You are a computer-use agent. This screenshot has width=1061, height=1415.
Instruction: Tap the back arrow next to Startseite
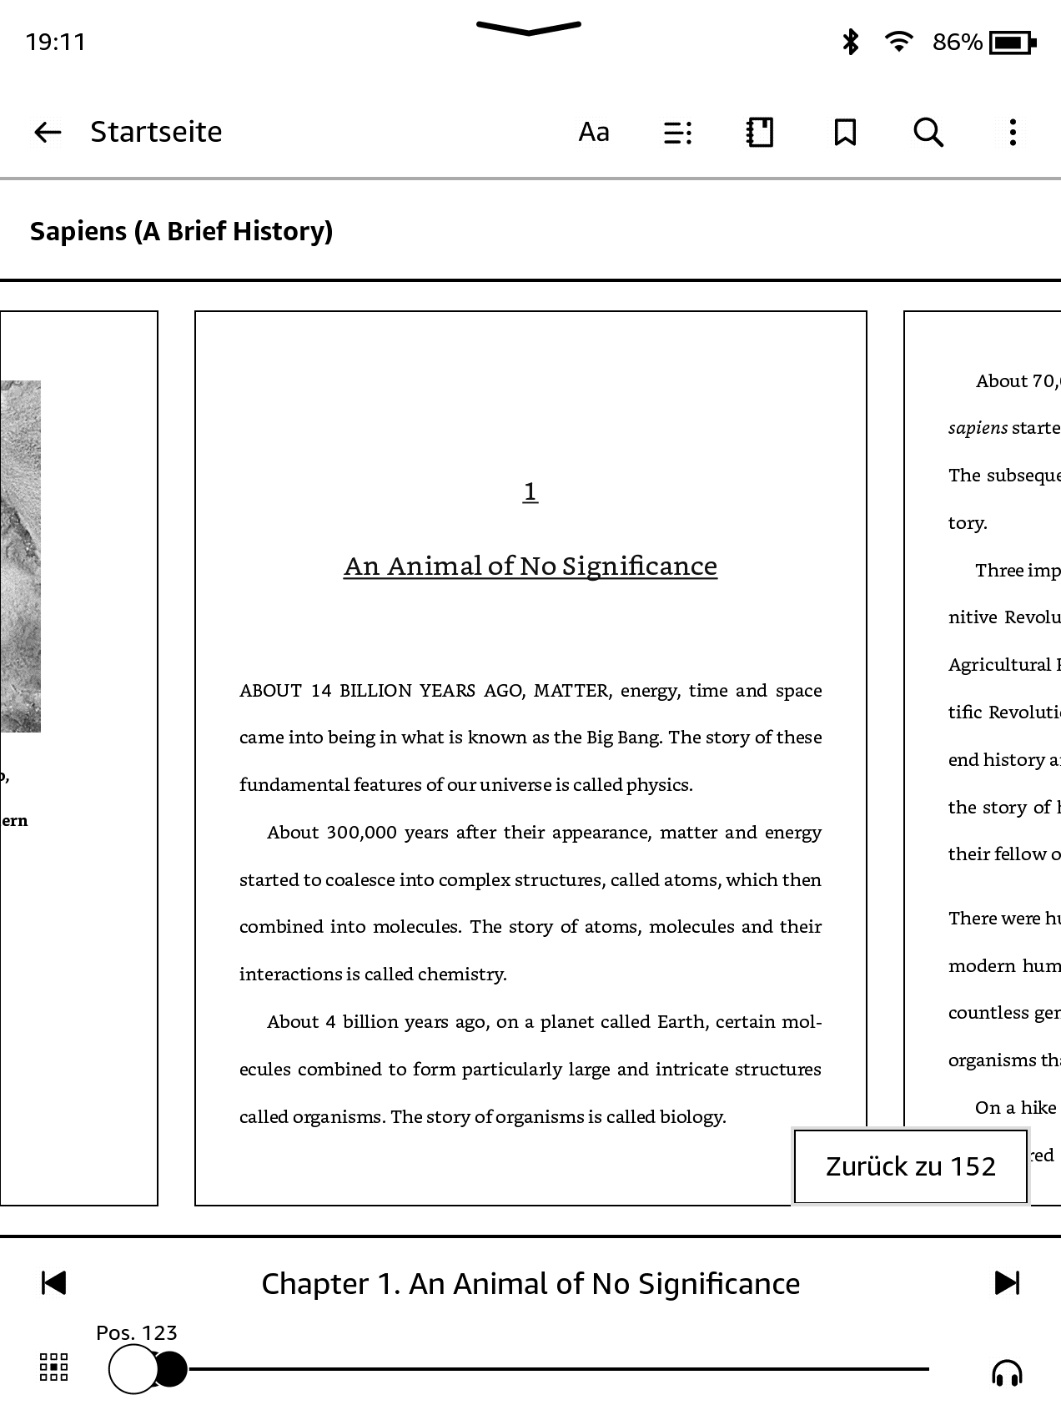[48, 132]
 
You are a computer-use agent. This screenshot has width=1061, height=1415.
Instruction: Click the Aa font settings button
[594, 132]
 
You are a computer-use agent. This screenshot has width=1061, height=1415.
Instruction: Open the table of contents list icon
[677, 133]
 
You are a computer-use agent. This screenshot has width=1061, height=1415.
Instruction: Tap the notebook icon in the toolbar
[760, 132]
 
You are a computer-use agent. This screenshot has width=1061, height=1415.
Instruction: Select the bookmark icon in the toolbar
[845, 132]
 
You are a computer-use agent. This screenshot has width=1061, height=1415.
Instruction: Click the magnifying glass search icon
[928, 132]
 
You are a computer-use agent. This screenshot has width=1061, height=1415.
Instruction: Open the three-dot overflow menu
[1013, 132]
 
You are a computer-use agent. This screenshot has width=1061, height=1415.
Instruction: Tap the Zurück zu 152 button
[910, 1166]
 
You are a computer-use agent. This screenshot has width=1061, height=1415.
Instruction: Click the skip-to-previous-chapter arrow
[53, 1282]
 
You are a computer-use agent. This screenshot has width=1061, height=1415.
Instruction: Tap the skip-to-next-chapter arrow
[1007, 1282]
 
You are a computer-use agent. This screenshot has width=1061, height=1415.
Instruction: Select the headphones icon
[1007, 1372]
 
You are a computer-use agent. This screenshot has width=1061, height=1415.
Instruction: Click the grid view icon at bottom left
[54, 1367]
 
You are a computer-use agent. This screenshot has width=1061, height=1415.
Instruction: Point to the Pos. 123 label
[137, 1332]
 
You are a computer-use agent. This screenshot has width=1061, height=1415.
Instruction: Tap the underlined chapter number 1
[530, 491]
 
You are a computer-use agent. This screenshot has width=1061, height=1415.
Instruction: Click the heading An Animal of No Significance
[530, 567]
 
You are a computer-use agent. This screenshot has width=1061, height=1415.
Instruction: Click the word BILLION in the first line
[375, 691]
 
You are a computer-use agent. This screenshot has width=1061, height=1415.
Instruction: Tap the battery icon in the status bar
[1012, 42]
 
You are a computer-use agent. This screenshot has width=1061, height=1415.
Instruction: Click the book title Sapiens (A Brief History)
[181, 231]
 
